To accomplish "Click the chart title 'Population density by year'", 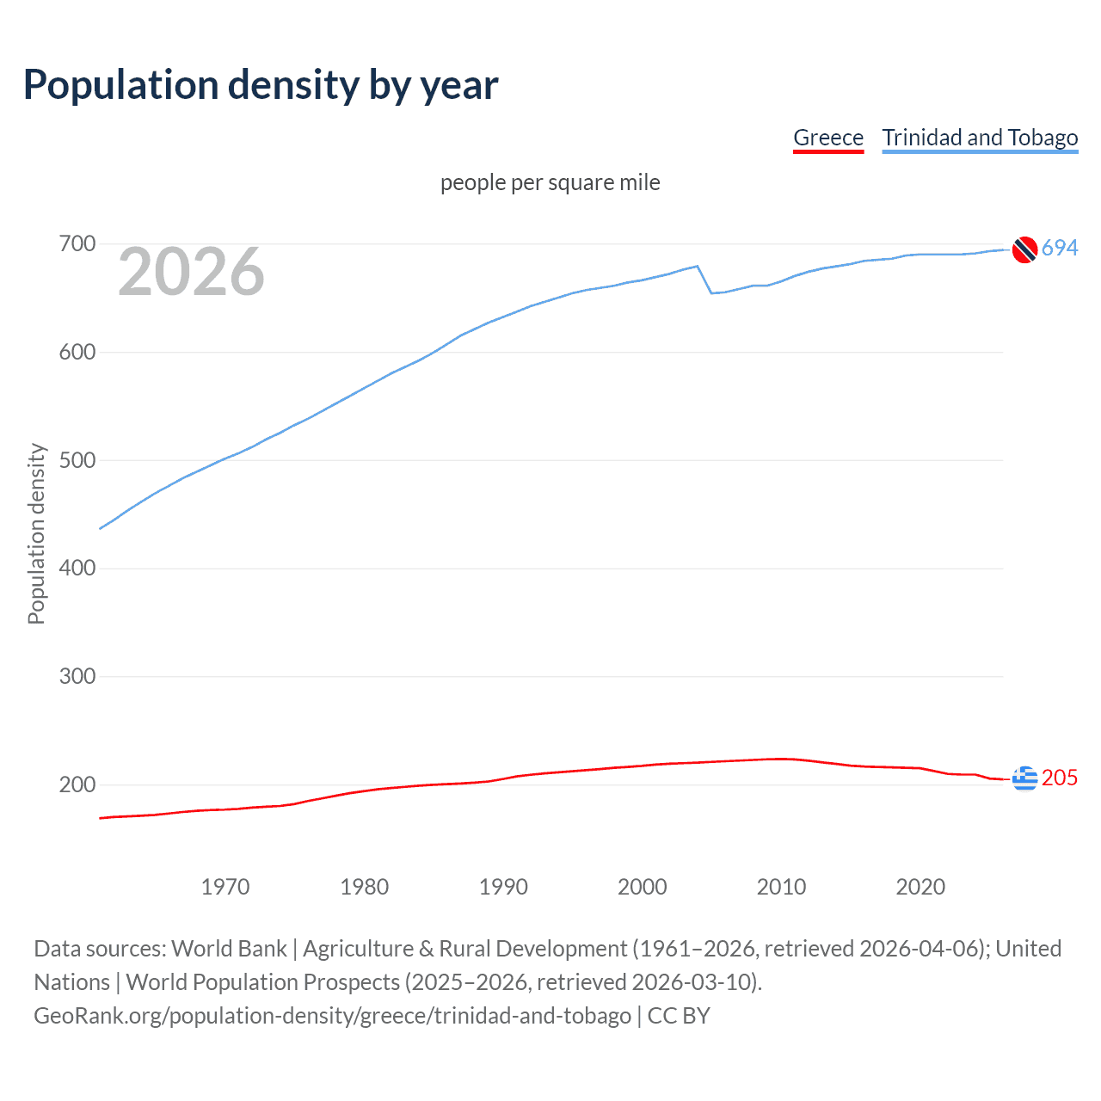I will (261, 85).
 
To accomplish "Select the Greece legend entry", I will (827, 138).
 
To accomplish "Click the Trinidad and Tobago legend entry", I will (980, 138).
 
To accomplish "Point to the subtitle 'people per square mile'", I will (550, 182).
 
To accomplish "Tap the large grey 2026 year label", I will (191, 272).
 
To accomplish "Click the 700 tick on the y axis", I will (77, 244).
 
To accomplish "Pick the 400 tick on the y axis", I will (77, 569).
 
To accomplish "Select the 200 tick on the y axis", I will (77, 784).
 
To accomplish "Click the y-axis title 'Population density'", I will (36, 533).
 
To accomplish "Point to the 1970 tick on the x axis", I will (225, 887).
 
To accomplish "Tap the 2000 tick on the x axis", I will (643, 887).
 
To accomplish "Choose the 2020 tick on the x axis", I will (920, 887).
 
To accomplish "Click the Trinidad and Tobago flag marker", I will (1024, 249).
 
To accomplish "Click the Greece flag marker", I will (1024, 778).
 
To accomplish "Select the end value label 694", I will (1060, 248).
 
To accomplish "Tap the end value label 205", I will (1060, 778).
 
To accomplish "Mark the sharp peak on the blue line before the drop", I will (697, 266).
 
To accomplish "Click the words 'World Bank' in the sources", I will (229, 949).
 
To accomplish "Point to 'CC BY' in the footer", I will (679, 1016).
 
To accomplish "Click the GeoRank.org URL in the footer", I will (332, 1016).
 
